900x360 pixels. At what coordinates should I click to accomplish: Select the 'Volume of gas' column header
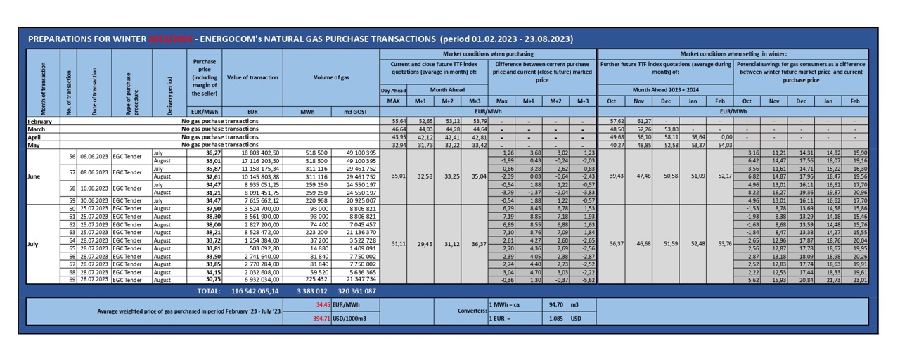pyautogui.click(x=336, y=77)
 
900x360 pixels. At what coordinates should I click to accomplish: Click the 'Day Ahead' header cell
pyautogui.click(x=394, y=90)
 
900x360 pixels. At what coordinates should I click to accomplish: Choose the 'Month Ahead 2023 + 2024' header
pyautogui.click(x=665, y=90)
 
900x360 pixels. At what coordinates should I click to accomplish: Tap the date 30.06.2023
pyautogui.click(x=96, y=200)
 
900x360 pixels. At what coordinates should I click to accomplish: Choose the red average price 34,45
pyautogui.click(x=323, y=305)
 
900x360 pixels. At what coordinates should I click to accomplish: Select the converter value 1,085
pyautogui.click(x=555, y=319)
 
